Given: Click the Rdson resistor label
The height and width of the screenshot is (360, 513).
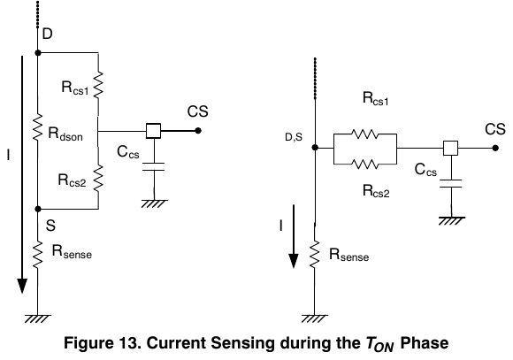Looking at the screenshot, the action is point(65,134).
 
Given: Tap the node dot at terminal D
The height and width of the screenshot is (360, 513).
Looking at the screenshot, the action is point(38,53).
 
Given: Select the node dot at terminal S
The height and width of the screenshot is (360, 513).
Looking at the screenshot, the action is point(38,209).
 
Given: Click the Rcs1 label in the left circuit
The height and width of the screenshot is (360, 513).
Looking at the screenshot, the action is point(75,88).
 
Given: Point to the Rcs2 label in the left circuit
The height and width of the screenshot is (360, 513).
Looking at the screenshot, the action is point(72,180).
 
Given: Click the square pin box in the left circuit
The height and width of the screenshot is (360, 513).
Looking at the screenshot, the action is point(153,131).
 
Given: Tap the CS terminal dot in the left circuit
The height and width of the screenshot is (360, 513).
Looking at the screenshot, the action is point(198,131).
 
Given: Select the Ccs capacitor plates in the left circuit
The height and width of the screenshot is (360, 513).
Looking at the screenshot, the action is point(153,166).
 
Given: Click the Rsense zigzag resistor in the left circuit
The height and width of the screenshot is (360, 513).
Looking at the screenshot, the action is point(38,254).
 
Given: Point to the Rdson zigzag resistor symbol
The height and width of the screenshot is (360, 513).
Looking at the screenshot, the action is point(38,127).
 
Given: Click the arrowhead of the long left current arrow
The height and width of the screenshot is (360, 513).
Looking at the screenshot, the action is point(22,286).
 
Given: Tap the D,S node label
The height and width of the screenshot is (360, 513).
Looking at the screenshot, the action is point(294,137).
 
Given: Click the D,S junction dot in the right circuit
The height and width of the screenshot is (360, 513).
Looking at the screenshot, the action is point(315,148).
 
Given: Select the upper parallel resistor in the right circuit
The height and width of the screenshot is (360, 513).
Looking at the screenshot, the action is point(364,134).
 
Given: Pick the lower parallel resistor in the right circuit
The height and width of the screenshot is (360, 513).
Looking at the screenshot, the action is point(364,164).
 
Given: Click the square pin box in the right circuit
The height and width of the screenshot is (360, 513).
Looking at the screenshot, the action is point(451,148).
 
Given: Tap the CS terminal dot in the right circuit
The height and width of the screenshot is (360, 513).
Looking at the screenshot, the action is point(495,148).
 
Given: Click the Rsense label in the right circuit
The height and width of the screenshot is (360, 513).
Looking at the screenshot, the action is point(348,255).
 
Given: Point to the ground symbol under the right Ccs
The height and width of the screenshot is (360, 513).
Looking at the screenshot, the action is point(451,221).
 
